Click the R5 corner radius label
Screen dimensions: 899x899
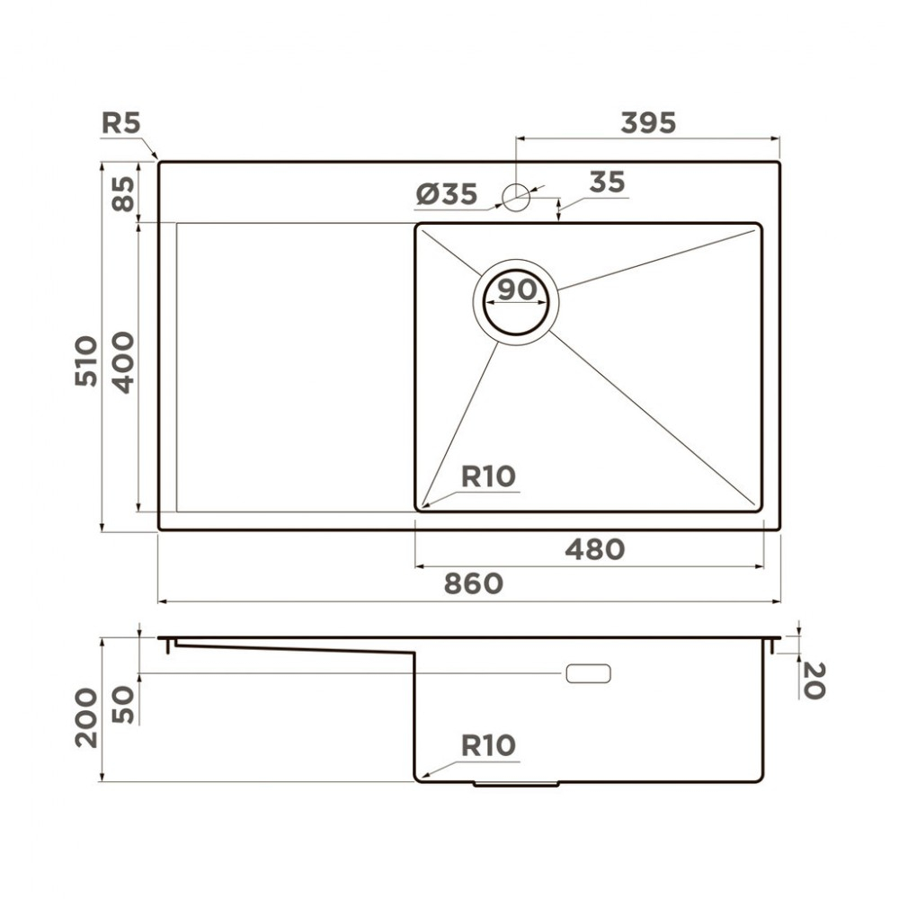(x=120, y=123)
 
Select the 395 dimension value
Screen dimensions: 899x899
(x=647, y=123)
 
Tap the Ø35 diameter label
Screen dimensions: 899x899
(x=447, y=194)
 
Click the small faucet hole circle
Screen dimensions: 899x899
(x=516, y=196)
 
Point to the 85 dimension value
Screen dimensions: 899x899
(x=122, y=192)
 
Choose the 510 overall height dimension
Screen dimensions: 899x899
(x=86, y=360)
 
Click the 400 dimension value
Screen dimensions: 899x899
(x=122, y=362)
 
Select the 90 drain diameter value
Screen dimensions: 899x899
(x=516, y=290)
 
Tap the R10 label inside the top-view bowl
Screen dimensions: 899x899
(x=488, y=476)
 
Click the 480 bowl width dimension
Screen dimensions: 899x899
(x=594, y=548)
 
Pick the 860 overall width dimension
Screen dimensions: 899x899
(x=474, y=583)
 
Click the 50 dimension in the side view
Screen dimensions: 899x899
(x=122, y=704)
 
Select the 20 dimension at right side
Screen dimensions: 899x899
(x=813, y=681)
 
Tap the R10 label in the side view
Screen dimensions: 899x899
(x=488, y=745)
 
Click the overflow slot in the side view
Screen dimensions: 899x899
(x=588, y=673)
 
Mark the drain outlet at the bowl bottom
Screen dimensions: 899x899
(x=516, y=783)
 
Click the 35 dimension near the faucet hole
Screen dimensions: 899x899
(x=607, y=182)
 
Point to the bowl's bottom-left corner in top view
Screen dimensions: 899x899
(x=419, y=508)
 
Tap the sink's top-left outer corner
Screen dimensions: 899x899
(x=160, y=163)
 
